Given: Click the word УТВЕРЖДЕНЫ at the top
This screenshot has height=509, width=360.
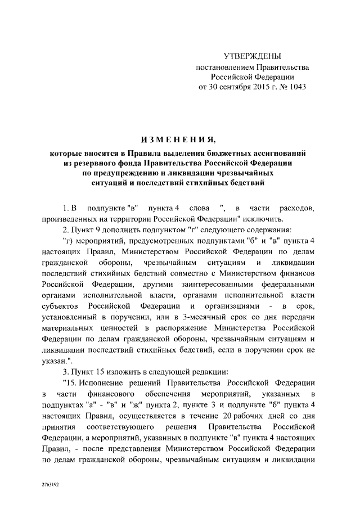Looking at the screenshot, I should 252,56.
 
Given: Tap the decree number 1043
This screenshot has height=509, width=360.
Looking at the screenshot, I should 296,88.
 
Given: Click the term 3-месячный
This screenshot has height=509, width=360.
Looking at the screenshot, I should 205,317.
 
